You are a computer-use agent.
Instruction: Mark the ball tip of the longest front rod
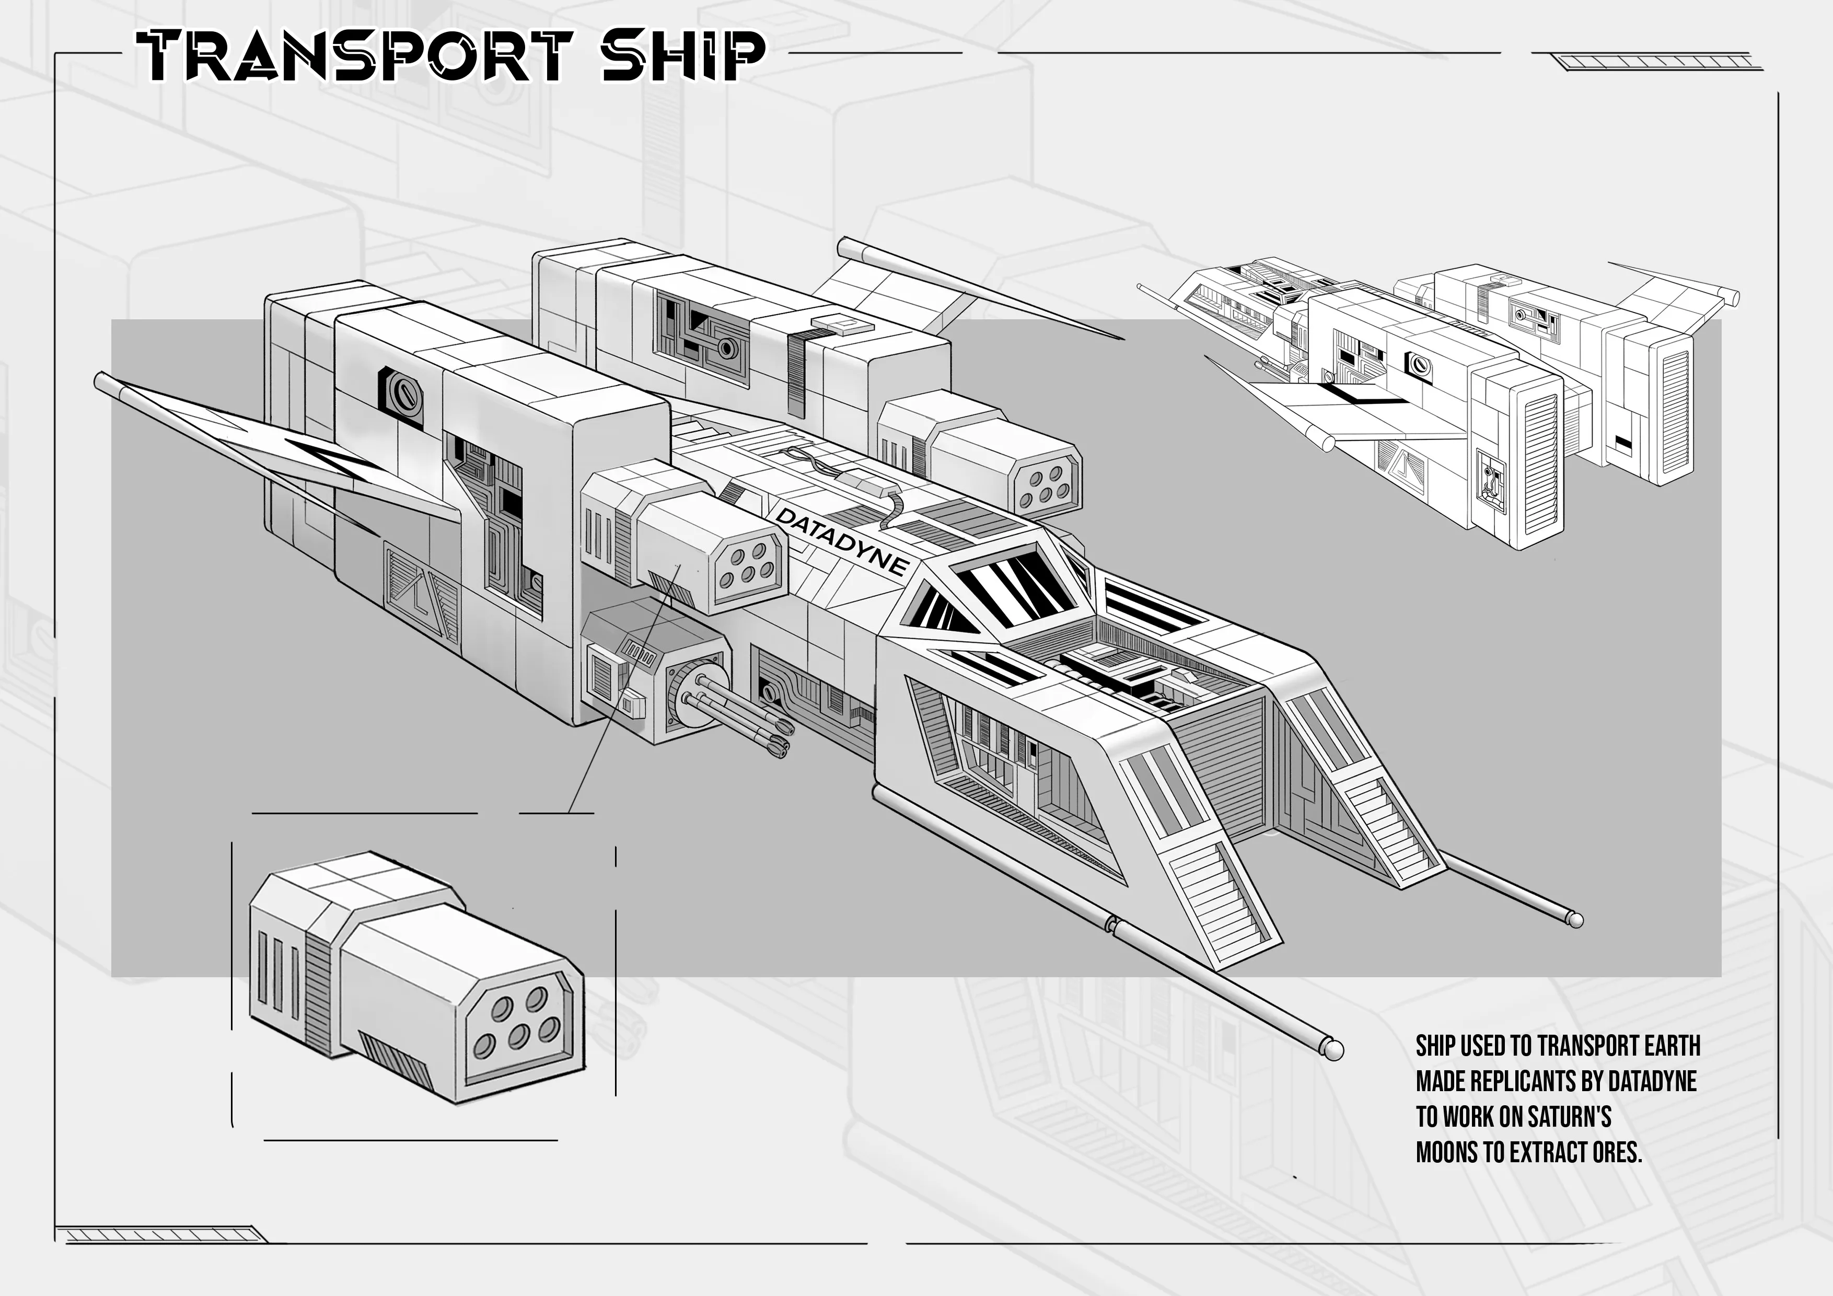pos(1334,1048)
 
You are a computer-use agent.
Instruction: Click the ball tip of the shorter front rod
pos(1575,919)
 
